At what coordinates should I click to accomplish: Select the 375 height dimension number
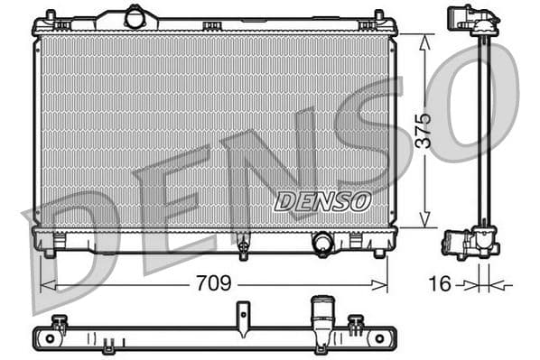[424, 132]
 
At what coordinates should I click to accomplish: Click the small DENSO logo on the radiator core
[322, 202]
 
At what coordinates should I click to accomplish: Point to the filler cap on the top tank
[135, 17]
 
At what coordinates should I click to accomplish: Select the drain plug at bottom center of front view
[243, 246]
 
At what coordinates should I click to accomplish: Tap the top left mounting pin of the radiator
[51, 16]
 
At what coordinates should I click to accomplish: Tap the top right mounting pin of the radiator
[378, 16]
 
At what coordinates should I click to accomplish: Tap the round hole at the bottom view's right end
[379, 338]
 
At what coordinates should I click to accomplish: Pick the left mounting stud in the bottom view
[60, 323]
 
